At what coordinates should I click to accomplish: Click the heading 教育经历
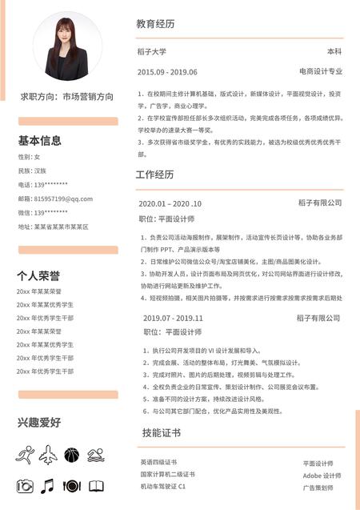155,24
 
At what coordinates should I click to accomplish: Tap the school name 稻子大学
152,52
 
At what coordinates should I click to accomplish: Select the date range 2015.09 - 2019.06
167,72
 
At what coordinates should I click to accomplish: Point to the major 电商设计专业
320,72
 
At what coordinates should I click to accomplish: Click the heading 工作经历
155,175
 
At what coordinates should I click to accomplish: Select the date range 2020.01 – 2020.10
170,203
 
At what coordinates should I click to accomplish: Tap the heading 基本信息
40,141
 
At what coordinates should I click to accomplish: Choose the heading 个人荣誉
38,275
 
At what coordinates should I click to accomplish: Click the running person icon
24,456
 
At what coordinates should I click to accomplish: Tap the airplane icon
48,456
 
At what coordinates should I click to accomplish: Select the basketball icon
72,456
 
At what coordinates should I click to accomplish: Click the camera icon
25,485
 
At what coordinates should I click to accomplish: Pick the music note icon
48,485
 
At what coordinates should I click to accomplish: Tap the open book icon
96,485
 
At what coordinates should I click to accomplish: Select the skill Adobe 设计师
322,475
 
